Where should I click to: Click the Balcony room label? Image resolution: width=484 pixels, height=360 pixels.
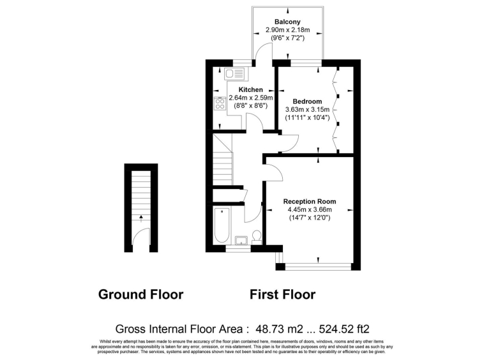coord(287,22)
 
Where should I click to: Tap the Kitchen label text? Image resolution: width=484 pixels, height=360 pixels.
coord(251,90)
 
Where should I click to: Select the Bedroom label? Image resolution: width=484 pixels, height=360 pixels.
coord(307,101)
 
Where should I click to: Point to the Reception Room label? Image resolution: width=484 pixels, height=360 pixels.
coord(310,202)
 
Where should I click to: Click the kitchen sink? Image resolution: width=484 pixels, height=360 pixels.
coord(234,73)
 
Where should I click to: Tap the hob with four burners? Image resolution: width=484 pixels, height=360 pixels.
coord(220,103)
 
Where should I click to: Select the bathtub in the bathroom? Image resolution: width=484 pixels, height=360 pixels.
coord(222,225)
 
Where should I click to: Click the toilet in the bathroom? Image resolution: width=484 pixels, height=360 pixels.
coord(257,237)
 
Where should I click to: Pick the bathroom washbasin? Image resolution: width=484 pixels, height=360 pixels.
coord(241,240)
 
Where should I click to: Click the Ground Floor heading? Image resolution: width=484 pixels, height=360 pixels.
coord(140,294)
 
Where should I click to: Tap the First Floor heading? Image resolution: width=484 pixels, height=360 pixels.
coord(282,294)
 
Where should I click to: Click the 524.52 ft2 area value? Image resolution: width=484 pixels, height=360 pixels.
coord(344,329)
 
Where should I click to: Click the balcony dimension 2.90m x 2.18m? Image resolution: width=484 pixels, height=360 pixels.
coord(288,30)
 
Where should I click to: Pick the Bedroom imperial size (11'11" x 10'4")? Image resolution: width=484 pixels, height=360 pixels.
coord(307,117)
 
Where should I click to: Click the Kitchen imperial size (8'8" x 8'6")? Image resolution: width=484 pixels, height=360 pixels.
coord(251,106)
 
